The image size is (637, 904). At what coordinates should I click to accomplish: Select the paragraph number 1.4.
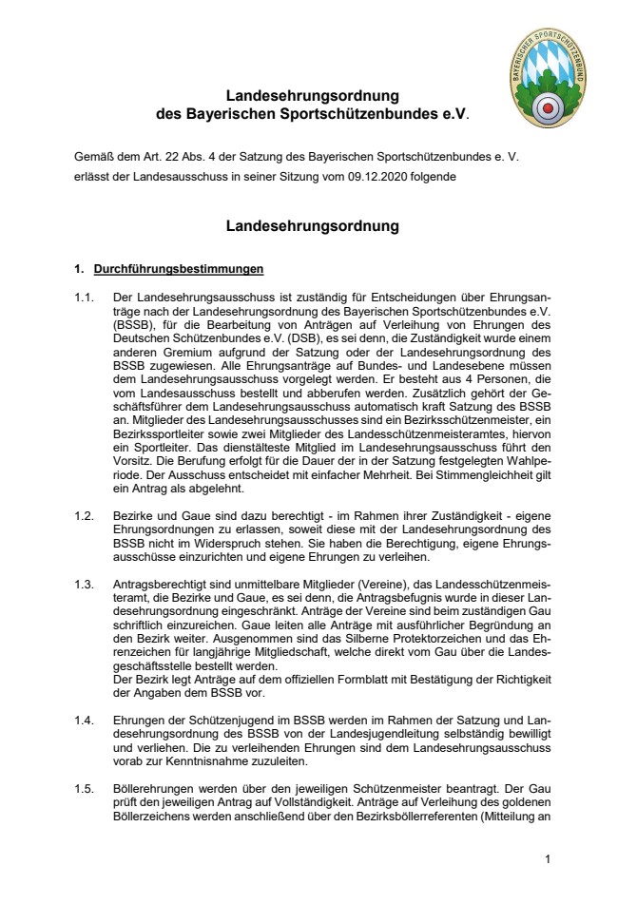tap(86, 720)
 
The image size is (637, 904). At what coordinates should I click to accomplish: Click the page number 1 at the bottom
tap(549, 859)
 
